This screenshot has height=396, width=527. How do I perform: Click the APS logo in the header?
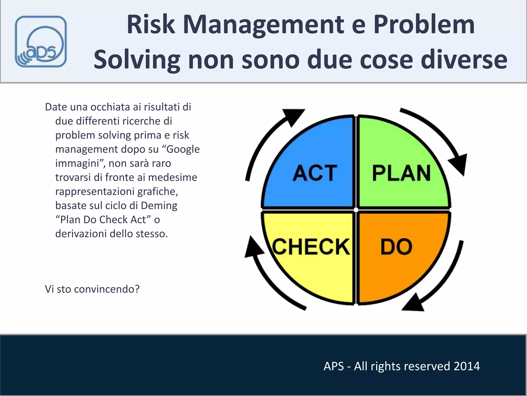(x=41, y=42)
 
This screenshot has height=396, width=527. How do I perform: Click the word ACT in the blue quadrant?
(x=315, y=173)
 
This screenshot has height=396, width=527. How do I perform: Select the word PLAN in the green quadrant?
(x=401, y=173)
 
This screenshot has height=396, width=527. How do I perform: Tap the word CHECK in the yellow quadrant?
(x=311, y=247)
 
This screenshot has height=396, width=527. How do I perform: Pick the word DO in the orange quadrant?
(x=396, y=247)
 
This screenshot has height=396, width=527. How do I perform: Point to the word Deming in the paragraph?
(x=159, y=205)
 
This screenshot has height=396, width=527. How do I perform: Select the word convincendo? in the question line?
(x=107, y=289)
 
